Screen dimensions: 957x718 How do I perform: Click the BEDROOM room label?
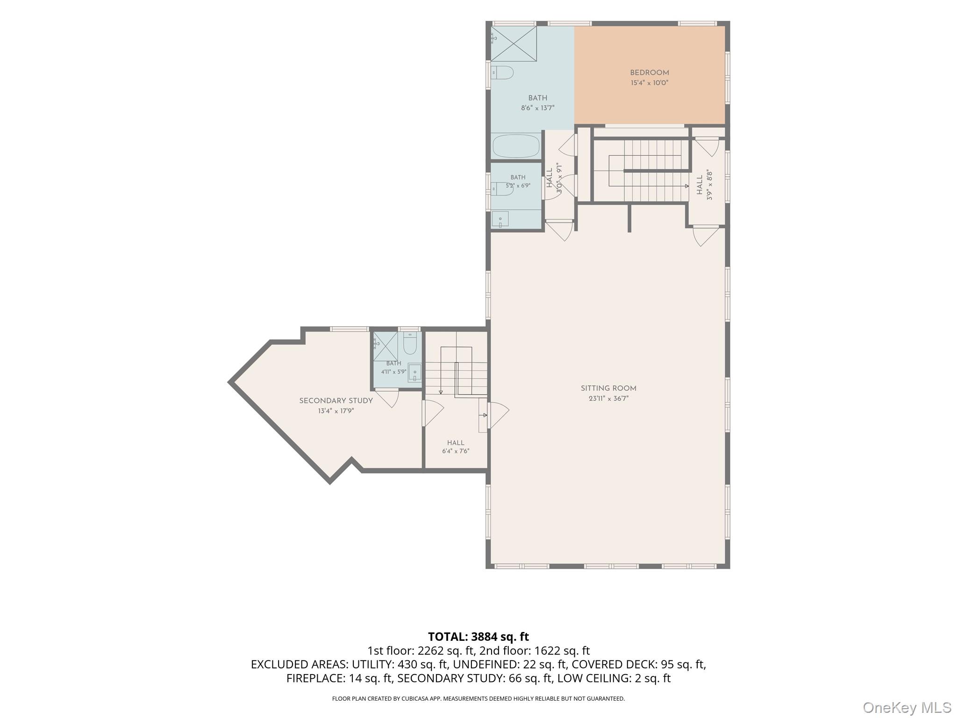click(649, 73)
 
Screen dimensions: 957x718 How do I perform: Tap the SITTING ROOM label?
click(608, 388)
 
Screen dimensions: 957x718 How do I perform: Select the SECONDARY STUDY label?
click(336, 401)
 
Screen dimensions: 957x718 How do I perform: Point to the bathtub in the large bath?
click(516, 146)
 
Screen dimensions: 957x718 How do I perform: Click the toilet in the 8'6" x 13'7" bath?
click(503, 73)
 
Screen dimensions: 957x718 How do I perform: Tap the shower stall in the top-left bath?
click(514, 43)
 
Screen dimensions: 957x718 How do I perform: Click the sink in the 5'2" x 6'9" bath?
click(500, 219)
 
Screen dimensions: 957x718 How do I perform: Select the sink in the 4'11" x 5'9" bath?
click(414, 373)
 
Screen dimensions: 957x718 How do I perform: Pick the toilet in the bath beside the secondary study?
click(410, 343)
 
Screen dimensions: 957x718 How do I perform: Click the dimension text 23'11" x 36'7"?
click(608, 399)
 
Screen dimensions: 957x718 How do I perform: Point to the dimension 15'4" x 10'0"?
click(650, 83)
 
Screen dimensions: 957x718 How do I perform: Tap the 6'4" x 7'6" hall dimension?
click(456, 452)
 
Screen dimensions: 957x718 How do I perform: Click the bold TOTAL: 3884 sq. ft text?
click(478, 637)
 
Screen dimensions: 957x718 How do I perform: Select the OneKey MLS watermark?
click(907, 708)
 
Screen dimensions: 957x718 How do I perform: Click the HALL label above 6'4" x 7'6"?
click(456, 443)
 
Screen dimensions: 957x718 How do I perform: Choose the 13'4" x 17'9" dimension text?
click(336, 411)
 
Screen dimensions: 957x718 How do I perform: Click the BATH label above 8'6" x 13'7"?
click(538, 98)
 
